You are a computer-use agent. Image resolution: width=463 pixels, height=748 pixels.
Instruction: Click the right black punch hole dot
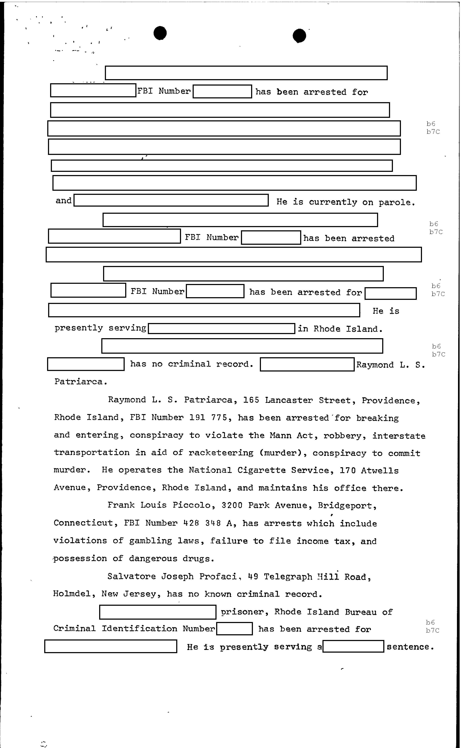pos(299,36)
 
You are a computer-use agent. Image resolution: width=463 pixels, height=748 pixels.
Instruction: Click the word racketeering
pos(221,453)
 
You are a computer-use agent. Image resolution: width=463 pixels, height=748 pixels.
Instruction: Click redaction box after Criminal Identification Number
pos(234,629)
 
